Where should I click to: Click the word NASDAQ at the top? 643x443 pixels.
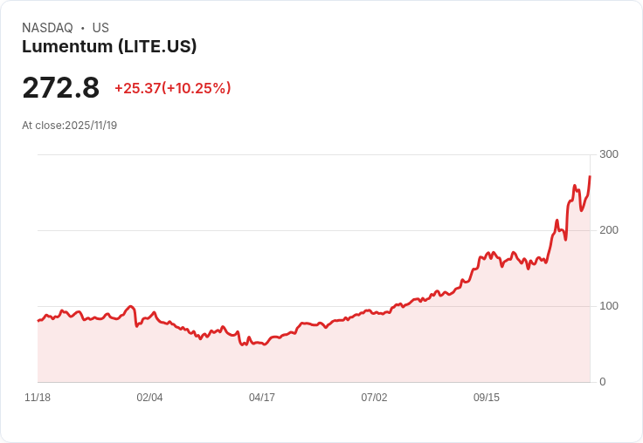(x=47, y=28)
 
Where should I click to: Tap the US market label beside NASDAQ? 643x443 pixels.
(x=100, y=28)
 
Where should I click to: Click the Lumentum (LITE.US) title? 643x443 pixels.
(x=109, y=47)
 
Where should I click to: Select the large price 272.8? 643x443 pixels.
(x=61, y=88)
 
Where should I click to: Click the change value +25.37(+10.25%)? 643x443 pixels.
(x=172, y=88)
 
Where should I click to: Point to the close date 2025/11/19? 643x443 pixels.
(x=91, y=126)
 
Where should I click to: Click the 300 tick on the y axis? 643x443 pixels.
(x=609, y=154)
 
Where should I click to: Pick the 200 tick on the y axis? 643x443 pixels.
(x=609, y=230)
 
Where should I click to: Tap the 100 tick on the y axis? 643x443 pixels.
(x=609, y=306)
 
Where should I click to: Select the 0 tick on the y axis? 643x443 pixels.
(x=603, y=382)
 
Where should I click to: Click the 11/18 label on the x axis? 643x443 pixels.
(x=38, y=398)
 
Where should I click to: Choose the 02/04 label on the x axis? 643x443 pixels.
(x=149, y=398)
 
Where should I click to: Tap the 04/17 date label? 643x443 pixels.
(x=262, y=398)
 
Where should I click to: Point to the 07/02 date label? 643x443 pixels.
(x=374, y=398)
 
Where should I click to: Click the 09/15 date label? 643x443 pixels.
(x=487, y=398)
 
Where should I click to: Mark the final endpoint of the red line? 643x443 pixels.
(x=590, y=177)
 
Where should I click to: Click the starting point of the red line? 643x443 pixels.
(x=38, y=321)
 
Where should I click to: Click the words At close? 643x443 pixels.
(x=42, y=126)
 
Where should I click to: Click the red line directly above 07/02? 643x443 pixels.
(x=374, y=312)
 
